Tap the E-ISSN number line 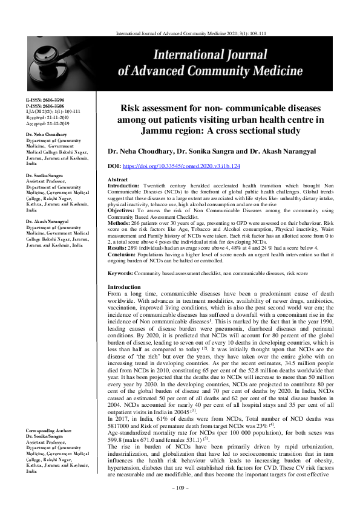pyautogui.click(x=41, y=99)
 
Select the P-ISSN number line pyautogui.click(x=41, y=103)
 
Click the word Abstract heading pyautogui.click(x=117, y=180)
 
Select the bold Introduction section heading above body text pyautogui.click(x=123, y=287)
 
